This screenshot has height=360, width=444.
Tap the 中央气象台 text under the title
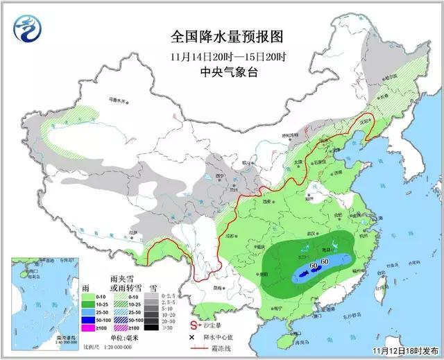[216, 73]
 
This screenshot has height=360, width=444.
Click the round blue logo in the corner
[28, 30]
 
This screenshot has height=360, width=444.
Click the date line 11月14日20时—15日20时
[216, 55]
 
